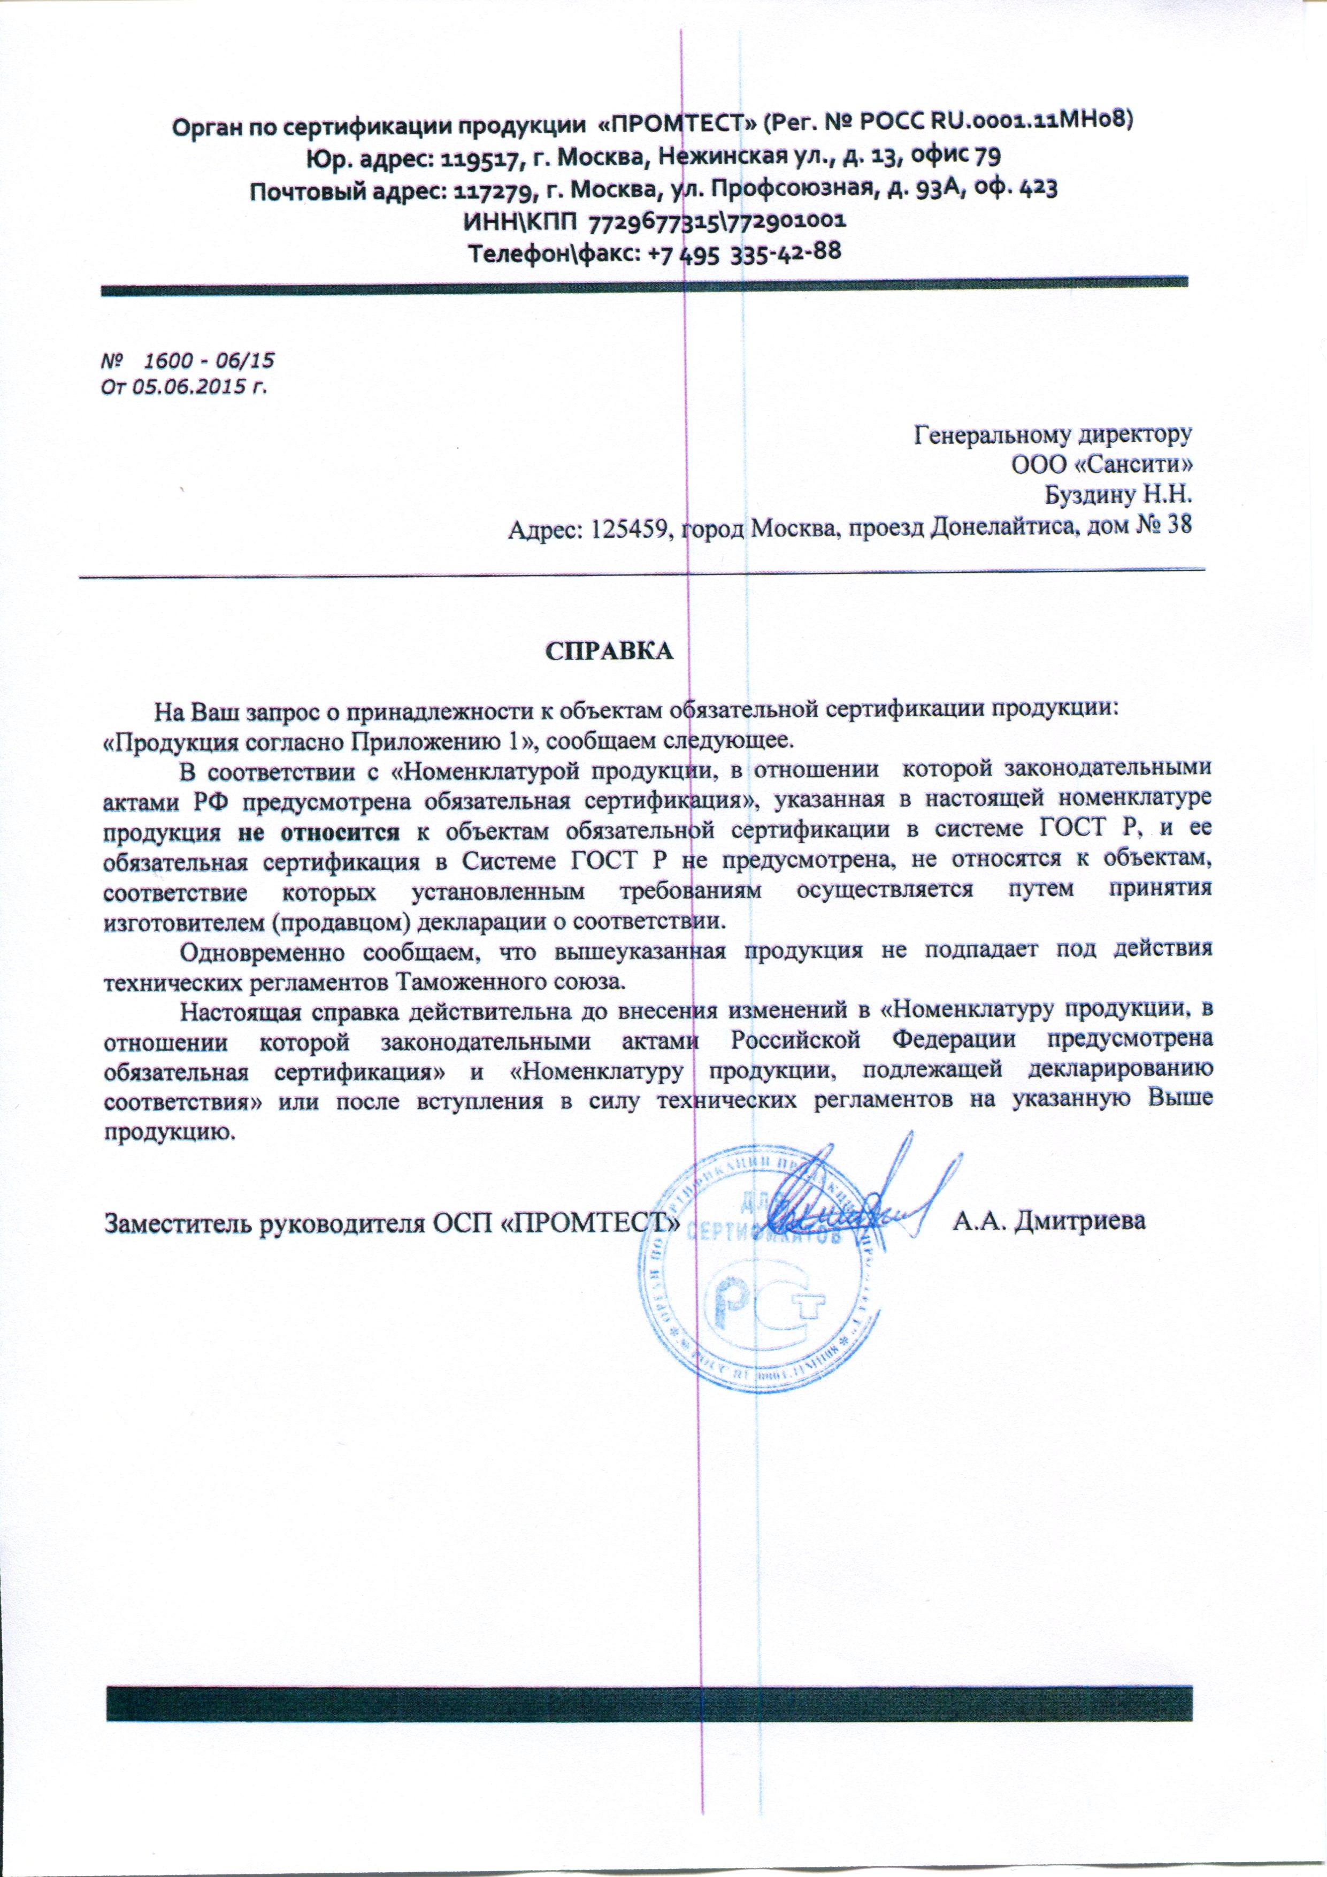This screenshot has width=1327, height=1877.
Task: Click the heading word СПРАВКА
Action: [x=609, y=653]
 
